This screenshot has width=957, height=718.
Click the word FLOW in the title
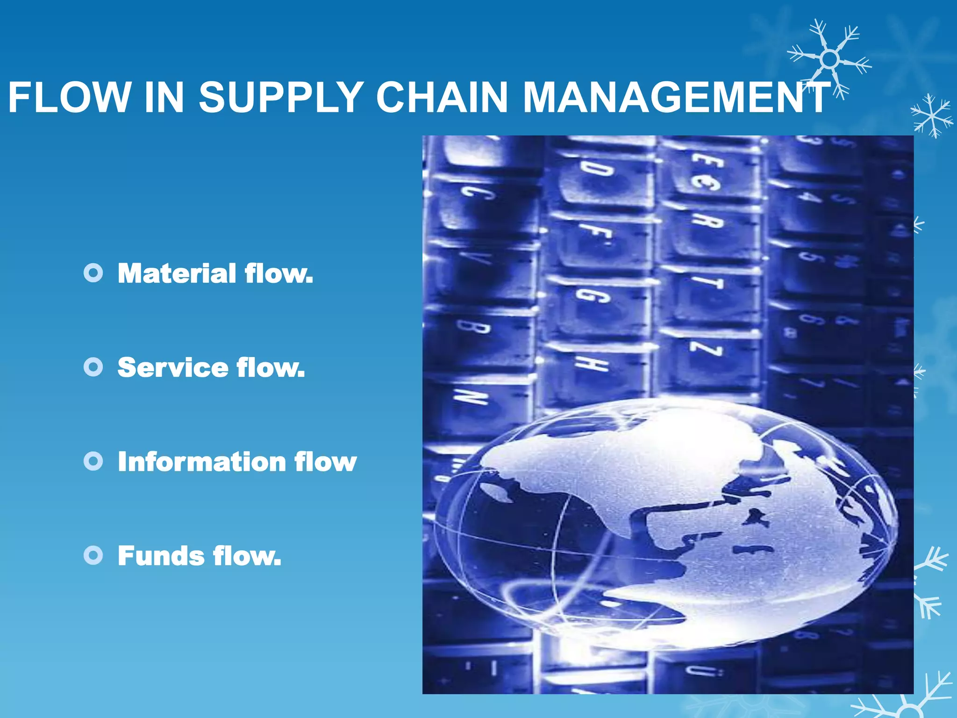pyautogui.click(x=69, y=98)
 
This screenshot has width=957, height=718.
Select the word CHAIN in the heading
pyautogui.click(x=442, y=98)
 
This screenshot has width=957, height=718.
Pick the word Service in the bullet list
pyautogui.click(x=172, y=367)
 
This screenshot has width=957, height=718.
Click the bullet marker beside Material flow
pyautogui.click(x=93, y=273)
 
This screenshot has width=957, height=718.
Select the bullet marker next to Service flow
pyautogui.click(x=93, y=367)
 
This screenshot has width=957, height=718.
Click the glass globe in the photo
pyautogui.click(x=664, y=524)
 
